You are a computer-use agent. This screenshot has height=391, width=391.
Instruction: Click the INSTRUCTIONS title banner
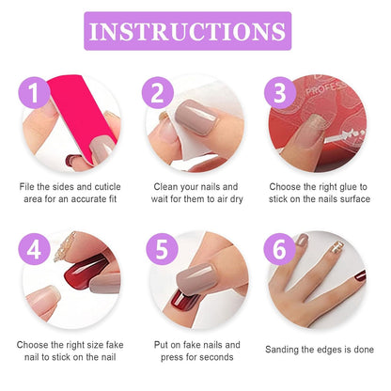click(x=188, y=31)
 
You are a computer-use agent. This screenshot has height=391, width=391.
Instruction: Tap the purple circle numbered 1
click(x=34, y=93)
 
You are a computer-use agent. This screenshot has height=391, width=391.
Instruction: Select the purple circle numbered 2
click(x=158, y=93)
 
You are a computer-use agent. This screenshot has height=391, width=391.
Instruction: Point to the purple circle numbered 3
click(x=280, y=93)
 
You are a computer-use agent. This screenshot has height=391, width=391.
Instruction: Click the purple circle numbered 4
click(x=34, y=250)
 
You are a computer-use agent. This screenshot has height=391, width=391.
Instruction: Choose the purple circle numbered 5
click(x=162, y=250)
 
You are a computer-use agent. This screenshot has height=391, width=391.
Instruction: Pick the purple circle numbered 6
click(x=279, y=250)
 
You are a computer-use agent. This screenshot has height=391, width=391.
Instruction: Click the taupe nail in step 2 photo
click(x=196, y=117)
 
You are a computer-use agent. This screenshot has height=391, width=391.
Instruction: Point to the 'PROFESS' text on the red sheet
click(x=326, y=87)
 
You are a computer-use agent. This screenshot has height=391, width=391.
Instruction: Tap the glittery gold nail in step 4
click(x=64, y=246)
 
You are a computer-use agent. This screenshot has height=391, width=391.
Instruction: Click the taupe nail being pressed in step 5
click(x=196, y=278)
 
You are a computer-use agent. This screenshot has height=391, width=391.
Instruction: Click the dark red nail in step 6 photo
click(x=360, y=275)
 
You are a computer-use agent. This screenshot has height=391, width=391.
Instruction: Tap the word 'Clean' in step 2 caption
click(x=164, y=187)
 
